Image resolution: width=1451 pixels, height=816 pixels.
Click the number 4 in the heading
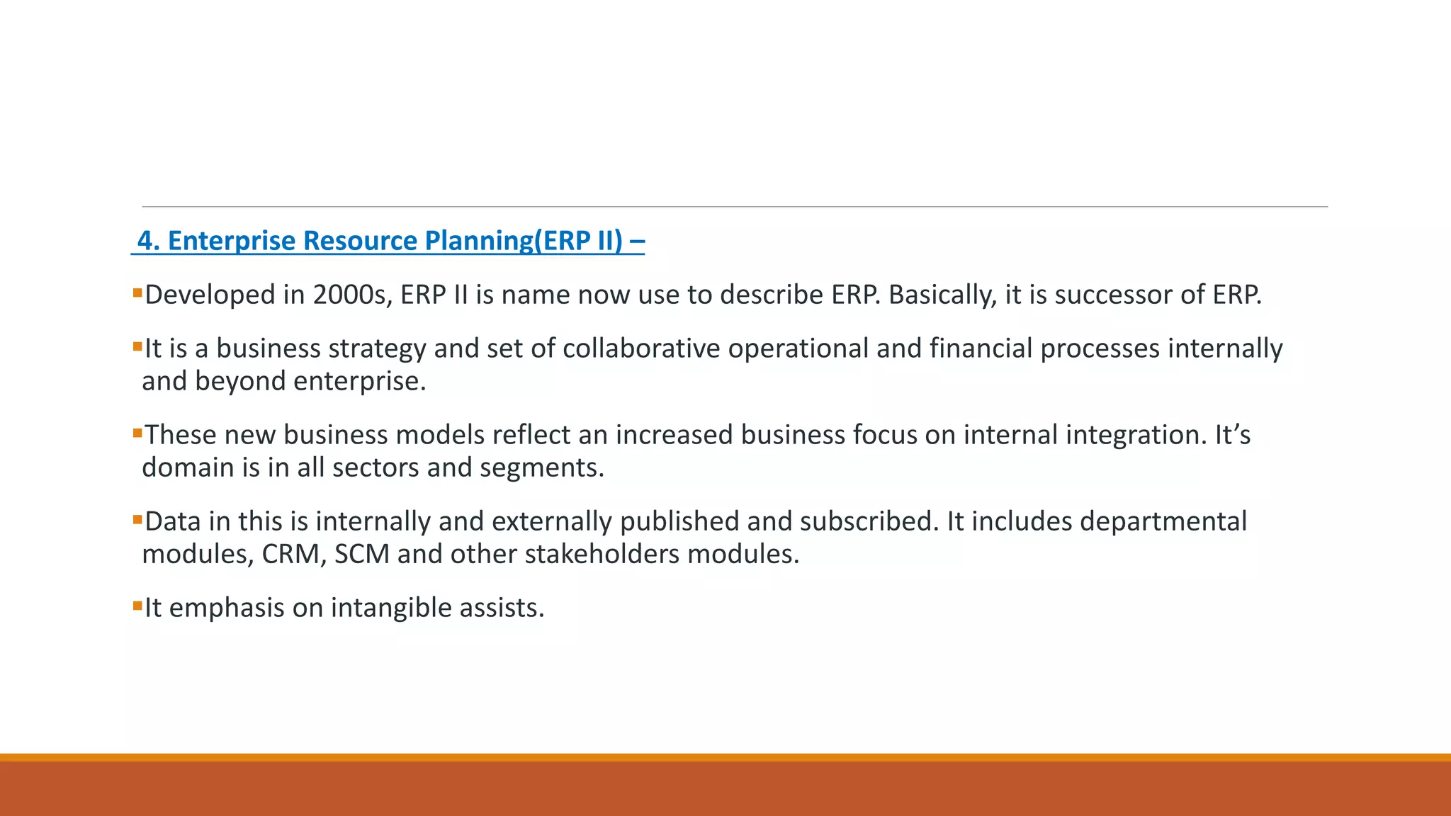145,241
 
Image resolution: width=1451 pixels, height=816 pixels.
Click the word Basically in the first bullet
942,295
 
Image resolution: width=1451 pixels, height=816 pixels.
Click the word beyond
240,381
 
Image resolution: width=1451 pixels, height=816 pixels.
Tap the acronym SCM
361,554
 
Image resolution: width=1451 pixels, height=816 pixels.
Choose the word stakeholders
602,554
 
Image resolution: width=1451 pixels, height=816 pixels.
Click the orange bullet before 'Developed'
137,293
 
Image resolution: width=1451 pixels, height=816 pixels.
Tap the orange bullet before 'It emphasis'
137,606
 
